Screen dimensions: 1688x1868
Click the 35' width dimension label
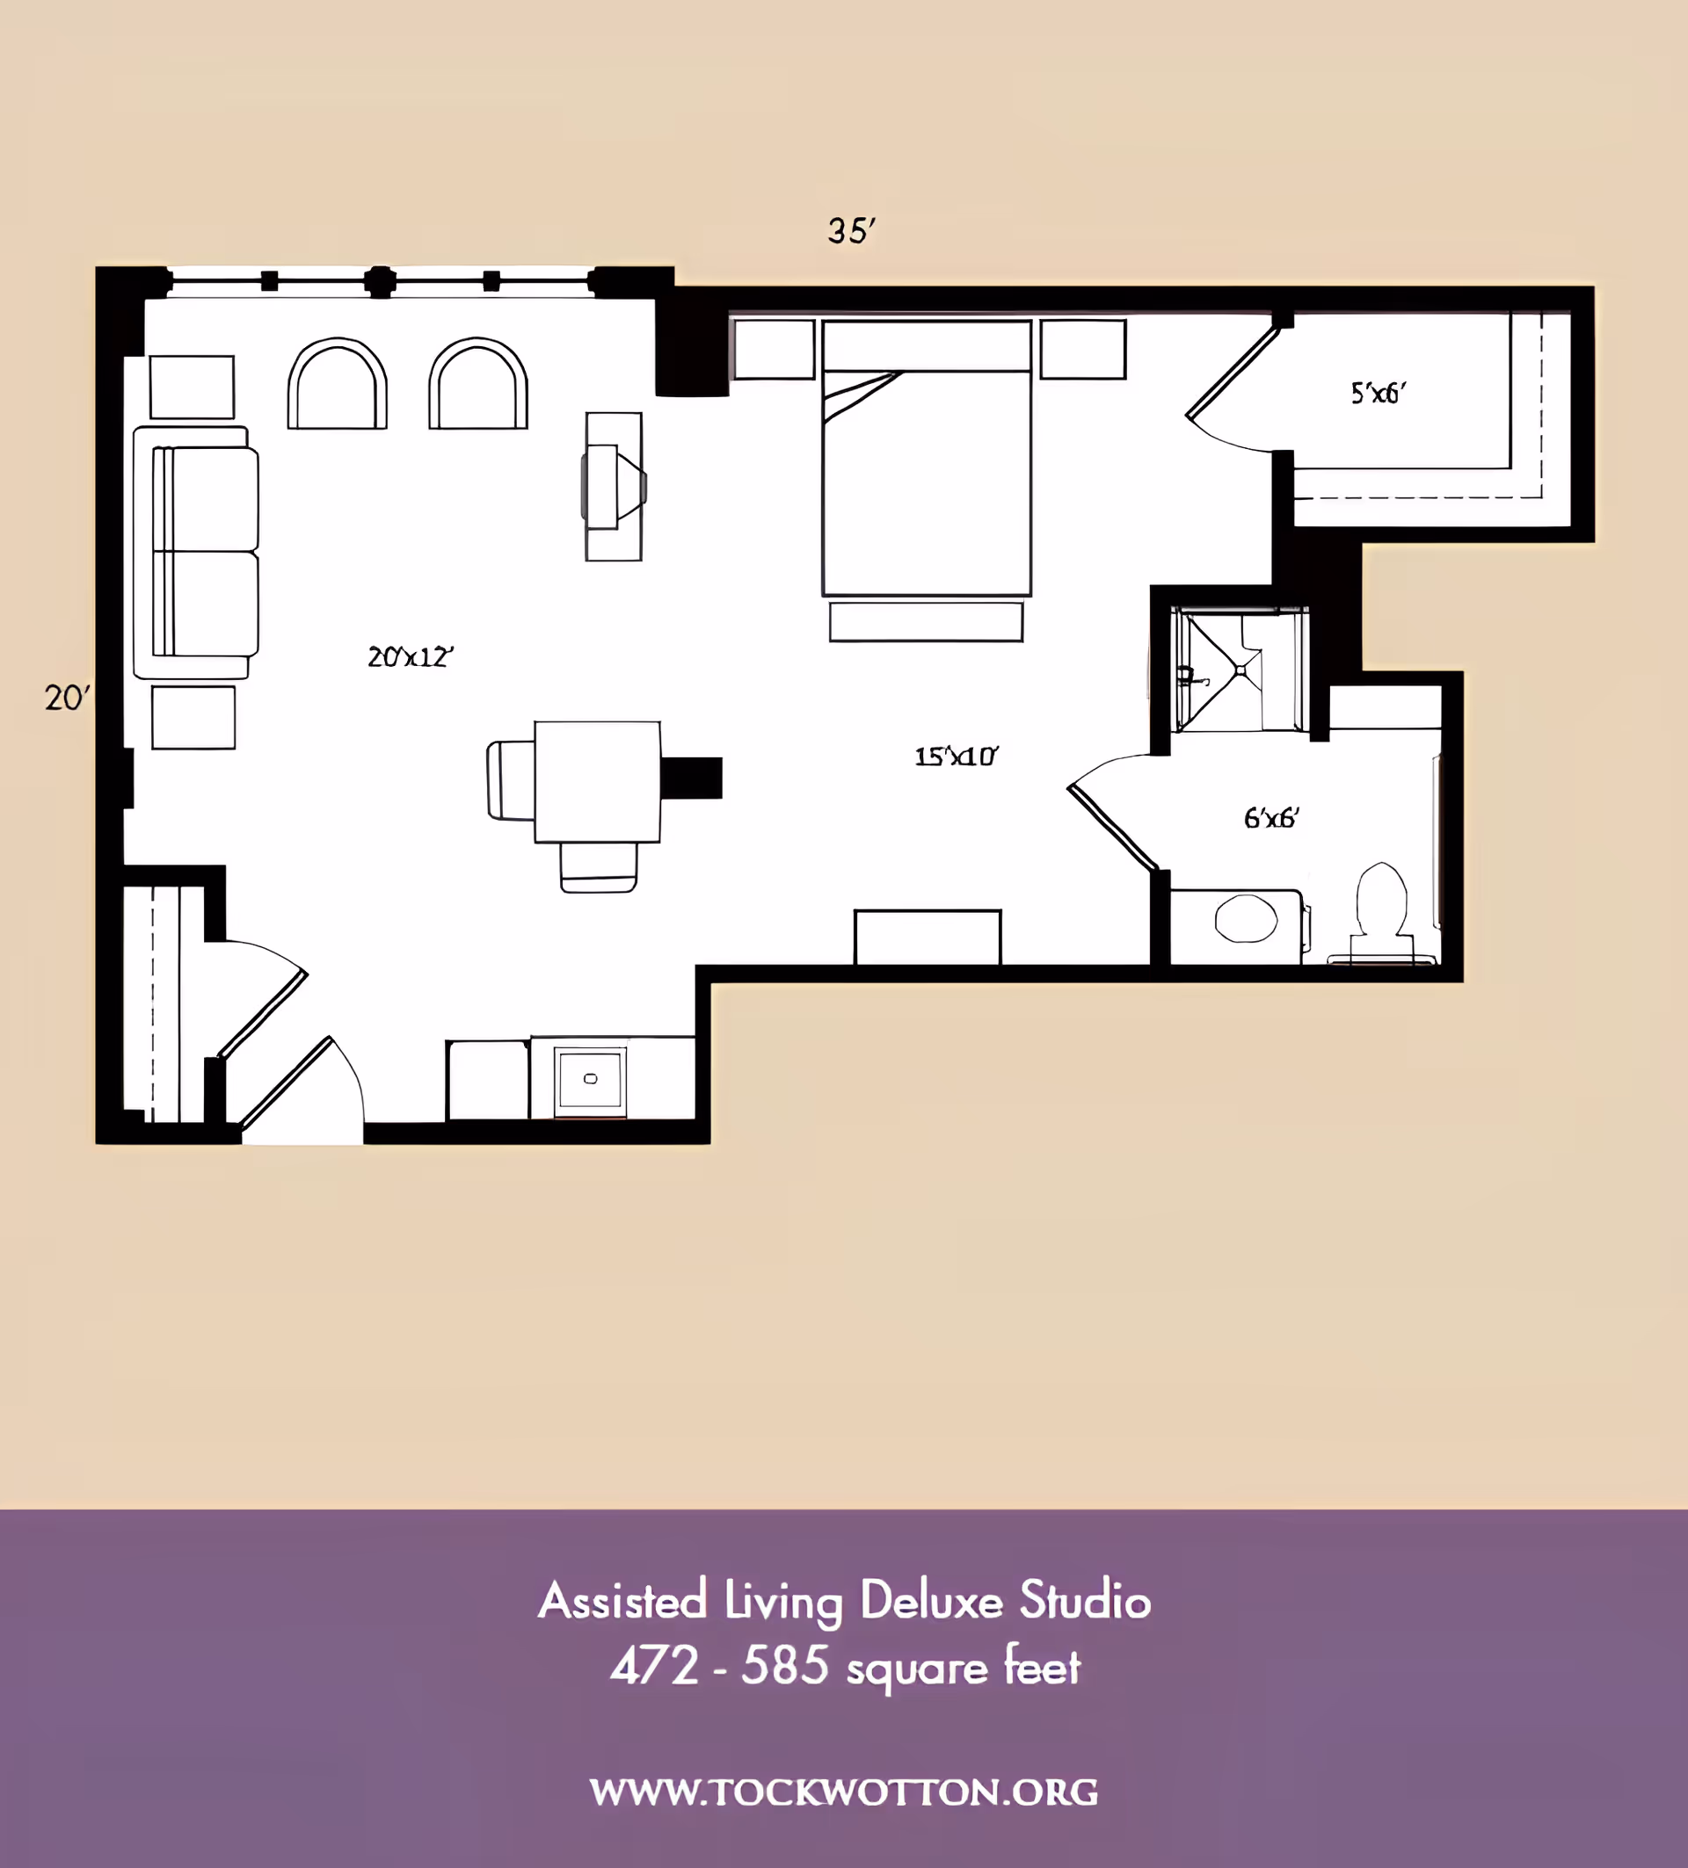pyautogui.click(x=851, y=231)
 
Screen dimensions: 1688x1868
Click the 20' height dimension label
pyautogui.click(x=67, y=698)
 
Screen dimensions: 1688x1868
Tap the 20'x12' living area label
pyautogui.click(x=410, y=657)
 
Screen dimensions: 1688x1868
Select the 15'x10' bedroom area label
pyautogui.click(x=956, y=757)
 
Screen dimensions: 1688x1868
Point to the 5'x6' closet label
pyautogui.click(x=1378, y=393)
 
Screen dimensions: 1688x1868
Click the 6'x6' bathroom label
pyautogui.click(x=1271, y=817)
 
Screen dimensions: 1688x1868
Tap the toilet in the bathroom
pyautogui.click(x=1381, y=913)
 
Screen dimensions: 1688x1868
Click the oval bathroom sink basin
pyautogui.click(x=1246, y=918)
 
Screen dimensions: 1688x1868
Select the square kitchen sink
pyautogui.click(x=591, y=1081)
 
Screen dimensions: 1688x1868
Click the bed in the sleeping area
pyautogui.click(x=927, y=458)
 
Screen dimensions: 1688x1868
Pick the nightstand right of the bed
pyautogui.click(x=1082, y=350)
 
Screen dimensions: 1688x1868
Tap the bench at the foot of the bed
pyautogui.click(x=926, y=622)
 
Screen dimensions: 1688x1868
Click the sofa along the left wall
pyautogui.click(x=195, y=553)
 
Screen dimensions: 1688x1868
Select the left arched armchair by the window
pyautogui.click(x=338, y=384)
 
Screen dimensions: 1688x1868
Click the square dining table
pyautogui.click(x=597, y=782)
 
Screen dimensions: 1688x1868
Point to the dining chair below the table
pyautogui.click(x=598, y=867)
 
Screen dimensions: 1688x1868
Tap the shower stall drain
pyautogui.click(x=1241, y=669)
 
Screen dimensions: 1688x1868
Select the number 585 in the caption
pyautogui.click(x=785, y=1666)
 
